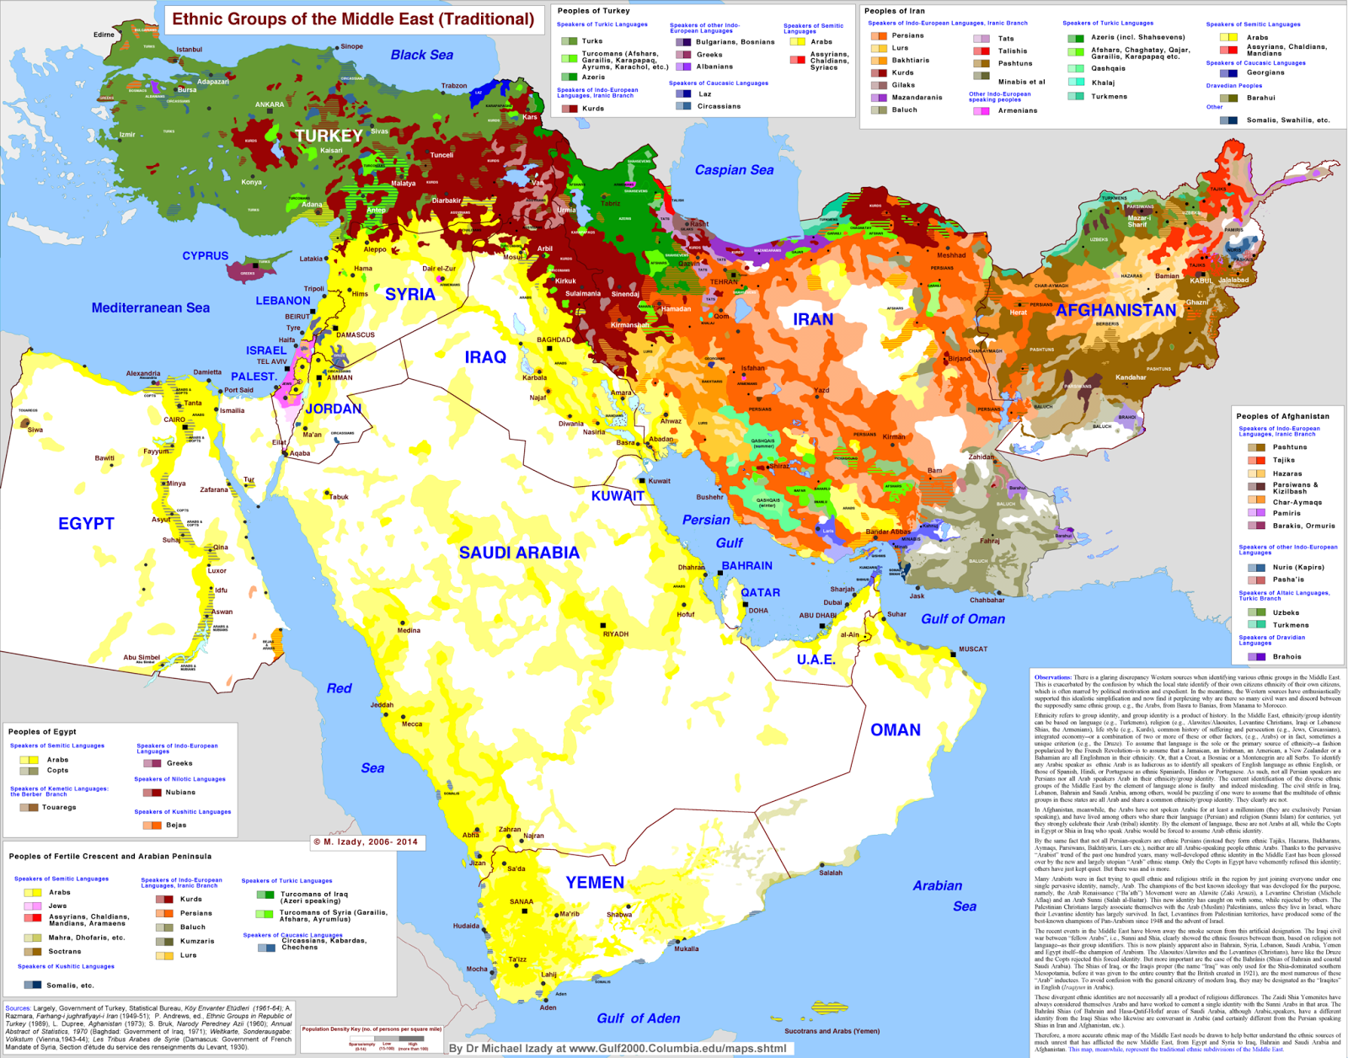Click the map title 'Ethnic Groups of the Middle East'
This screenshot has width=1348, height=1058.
point(353,19)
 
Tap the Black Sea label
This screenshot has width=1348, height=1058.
point(421,55)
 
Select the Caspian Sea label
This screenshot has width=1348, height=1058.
point(734,170)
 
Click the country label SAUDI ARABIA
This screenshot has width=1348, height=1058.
point(519,553)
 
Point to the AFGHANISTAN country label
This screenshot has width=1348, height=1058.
point(1115,310)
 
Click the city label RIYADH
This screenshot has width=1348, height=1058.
point(615,633)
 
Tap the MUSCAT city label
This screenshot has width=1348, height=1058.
point(972,649)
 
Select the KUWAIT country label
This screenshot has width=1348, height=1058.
point(618,496)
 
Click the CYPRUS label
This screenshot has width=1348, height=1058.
point(206,255)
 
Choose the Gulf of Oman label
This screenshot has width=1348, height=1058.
point(962,619)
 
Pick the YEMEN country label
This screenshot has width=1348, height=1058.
point(595,883)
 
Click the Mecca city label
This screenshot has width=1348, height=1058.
point(412,724)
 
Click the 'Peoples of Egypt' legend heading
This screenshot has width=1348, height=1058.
point(42,731)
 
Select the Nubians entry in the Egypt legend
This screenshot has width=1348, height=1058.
point(179,792)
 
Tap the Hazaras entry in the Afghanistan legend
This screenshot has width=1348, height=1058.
point(1286,473)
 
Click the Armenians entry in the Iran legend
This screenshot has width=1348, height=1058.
point(1017,110)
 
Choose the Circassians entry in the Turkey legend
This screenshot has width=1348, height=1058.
point(718,106)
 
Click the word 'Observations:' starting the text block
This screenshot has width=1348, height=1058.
point(1052,677)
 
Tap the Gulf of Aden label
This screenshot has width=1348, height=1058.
point(638,1018)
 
